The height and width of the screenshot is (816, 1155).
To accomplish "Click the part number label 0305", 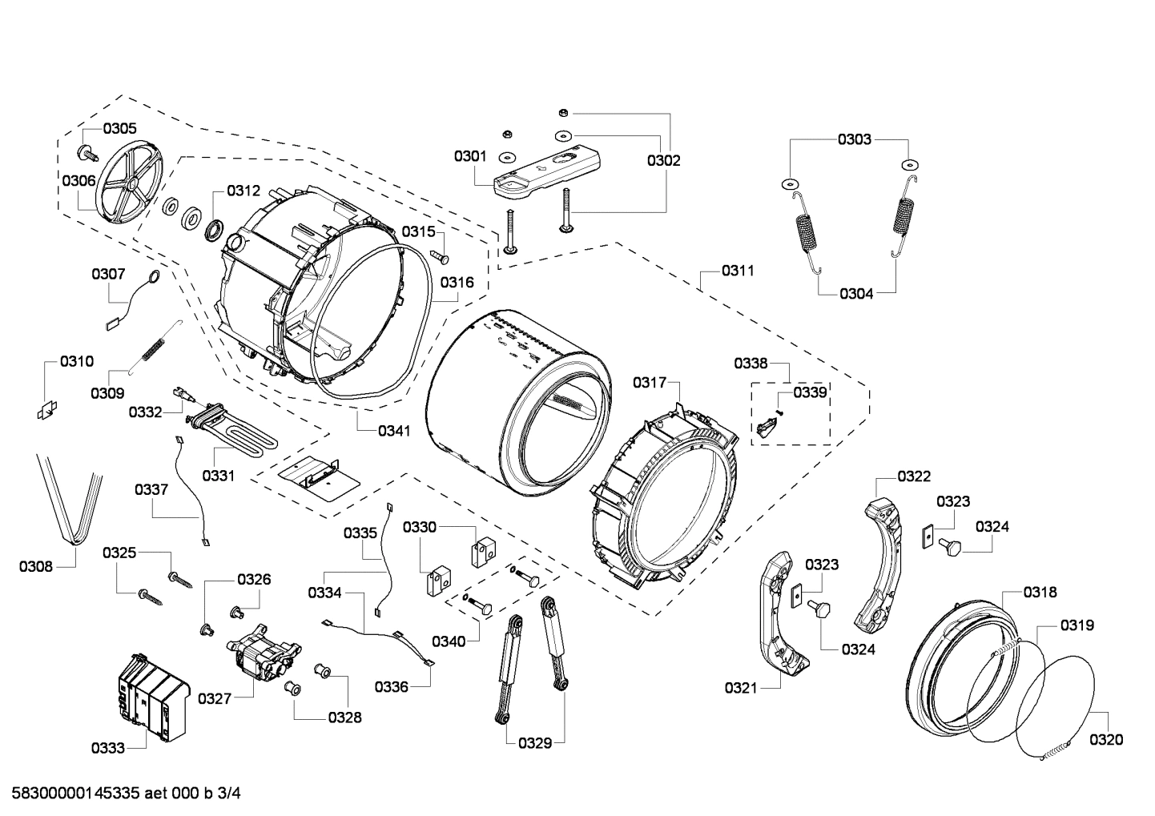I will click(x=119, y=128).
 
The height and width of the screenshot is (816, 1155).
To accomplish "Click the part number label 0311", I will click(x=737, y=271).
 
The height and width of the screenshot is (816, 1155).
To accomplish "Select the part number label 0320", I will click(x=1105, y=740).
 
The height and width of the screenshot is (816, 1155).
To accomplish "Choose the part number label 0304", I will click(x=856, y=293).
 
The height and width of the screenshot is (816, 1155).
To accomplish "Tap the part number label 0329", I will click(x=534, y=743).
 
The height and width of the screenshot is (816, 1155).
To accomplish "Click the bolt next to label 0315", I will click(x=441, y=256).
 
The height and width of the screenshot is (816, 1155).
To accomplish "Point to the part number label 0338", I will click(x=751, y=364).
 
